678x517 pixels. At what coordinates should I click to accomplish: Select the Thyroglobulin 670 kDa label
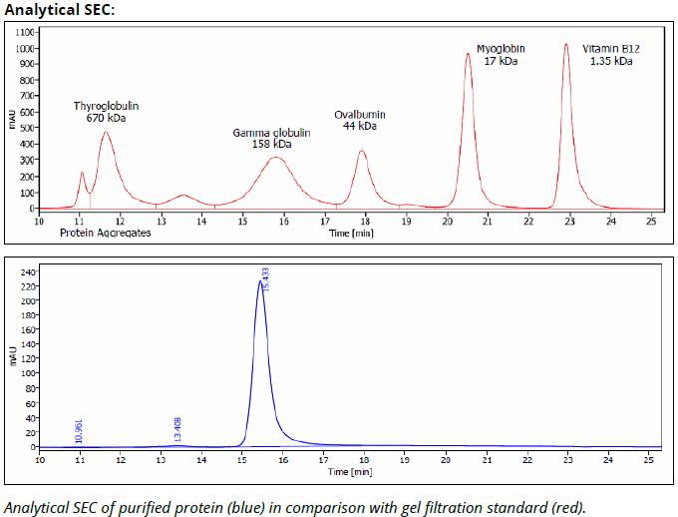[x=106, y=111]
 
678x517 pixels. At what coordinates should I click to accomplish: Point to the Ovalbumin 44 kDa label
[x=359, y=120]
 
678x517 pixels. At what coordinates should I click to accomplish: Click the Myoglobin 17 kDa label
[x=500, y=54]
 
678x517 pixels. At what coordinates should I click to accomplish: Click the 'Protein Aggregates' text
[x=105, y=233]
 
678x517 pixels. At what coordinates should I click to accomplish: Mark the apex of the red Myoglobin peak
[x=468, y=54]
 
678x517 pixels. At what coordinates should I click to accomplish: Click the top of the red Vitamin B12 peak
[x=566, y=44]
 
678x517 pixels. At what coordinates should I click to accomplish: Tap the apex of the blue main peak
[x=260, y=281]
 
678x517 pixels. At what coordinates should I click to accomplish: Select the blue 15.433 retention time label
[x=266, y=278]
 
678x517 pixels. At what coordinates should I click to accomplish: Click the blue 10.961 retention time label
[x=79, y=430]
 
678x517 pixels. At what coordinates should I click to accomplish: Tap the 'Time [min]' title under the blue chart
[x=350, y=470]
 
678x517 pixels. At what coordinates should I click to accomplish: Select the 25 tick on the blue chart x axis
[x=650, y=459]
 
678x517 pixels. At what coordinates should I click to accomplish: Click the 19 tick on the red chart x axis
[x=406, y=221]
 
